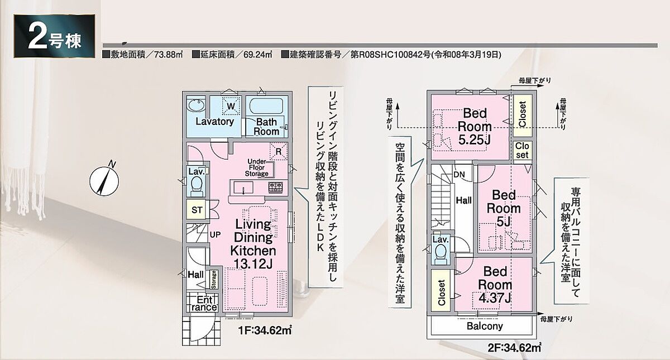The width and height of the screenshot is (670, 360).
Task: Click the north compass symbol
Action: coord(104,181)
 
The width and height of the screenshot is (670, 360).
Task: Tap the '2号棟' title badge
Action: coord(55,36)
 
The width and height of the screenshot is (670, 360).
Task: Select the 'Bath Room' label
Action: coord(266,127)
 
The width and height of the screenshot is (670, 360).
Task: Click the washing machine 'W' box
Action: coord(231,105)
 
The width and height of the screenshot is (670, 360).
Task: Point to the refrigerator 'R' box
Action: coord(279,152)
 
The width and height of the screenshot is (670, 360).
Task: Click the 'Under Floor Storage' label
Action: coord(257,168)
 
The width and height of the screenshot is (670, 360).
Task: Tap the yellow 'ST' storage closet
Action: coord(197,210)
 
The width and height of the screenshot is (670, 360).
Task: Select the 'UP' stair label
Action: coord(215,235)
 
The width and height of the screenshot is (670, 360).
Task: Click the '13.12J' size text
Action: coord(253,264)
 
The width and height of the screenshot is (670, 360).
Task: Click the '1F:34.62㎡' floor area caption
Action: coord(265,330)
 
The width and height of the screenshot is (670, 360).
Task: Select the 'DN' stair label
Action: coord(459,174)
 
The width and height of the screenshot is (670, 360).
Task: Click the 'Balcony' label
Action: coord(485,326)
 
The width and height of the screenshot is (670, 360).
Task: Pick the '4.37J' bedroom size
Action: coord(495,298)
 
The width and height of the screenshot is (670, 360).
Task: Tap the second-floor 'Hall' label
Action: coord(464,200)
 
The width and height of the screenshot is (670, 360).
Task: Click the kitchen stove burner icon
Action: coord(275,188)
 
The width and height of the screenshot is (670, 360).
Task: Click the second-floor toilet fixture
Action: coord(441,255)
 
